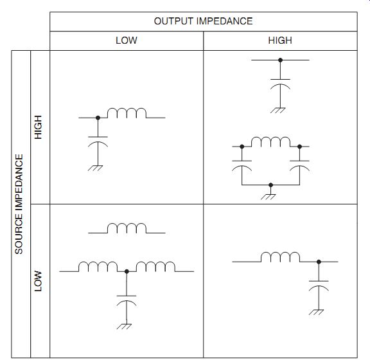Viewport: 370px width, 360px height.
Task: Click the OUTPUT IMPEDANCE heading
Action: (x=203, y=21)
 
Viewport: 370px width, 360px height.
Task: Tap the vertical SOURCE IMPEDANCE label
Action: (x=19, y=204)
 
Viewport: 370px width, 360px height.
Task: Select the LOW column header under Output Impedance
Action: (x=127, y=40)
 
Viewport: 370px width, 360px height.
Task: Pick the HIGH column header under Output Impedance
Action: (x=280, y=40)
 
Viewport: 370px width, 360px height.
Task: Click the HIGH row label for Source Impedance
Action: (x=38, y=127)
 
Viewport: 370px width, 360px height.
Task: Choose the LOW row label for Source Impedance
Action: (x=38, y=281)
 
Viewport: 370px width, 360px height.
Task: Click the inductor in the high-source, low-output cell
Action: (x=127, y=113)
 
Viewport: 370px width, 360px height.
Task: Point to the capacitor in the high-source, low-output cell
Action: (x=98, y=141)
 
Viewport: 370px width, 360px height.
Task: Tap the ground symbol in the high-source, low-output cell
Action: (x=95, y=168)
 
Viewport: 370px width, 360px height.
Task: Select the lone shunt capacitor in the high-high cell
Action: (x=280, y=84)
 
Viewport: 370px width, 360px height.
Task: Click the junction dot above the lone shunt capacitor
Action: (x=280, y=60)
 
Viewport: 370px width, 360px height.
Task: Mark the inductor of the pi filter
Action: (x=270, y=141)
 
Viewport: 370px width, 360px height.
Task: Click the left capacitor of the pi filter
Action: (x=242, y=166)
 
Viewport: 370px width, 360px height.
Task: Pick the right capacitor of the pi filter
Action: (x=300, y=166)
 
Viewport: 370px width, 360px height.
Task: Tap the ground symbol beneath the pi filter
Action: (x=269, y=197)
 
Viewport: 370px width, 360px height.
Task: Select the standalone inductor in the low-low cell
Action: (x=127, y=228)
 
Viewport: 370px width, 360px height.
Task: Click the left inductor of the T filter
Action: (x=98, y=267)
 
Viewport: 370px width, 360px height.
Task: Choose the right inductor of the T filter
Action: (x=155, y=267)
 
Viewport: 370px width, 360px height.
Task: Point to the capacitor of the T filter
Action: (x=127, y=301)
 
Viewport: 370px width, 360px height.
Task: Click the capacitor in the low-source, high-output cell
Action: (x=319, y=286)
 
